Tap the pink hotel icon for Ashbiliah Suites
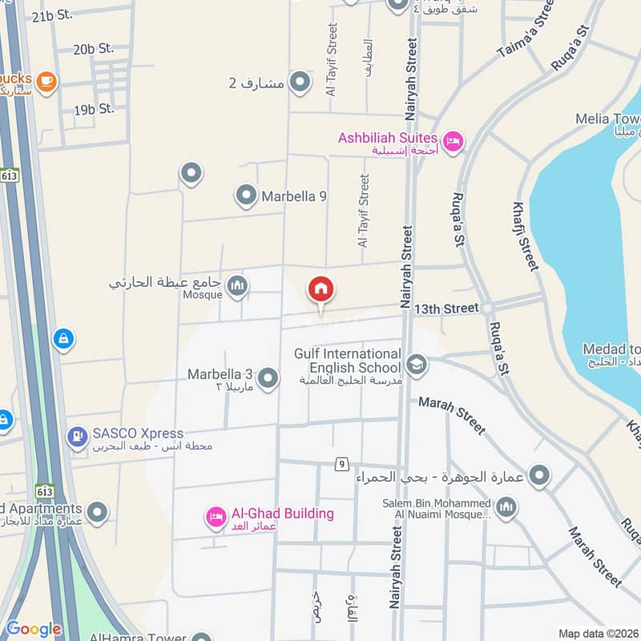[453, 142]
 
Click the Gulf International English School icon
[417, 365]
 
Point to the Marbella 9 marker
[245, 195]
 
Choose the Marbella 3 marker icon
[268, 377]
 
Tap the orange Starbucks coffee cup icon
[46, 82]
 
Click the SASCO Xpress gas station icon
[78, 437]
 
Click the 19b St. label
[95, 109]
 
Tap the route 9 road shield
[341, 465]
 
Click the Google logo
[33, 629]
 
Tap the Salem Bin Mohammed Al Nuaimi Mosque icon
[506, 506]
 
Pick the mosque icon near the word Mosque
[236, 286]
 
